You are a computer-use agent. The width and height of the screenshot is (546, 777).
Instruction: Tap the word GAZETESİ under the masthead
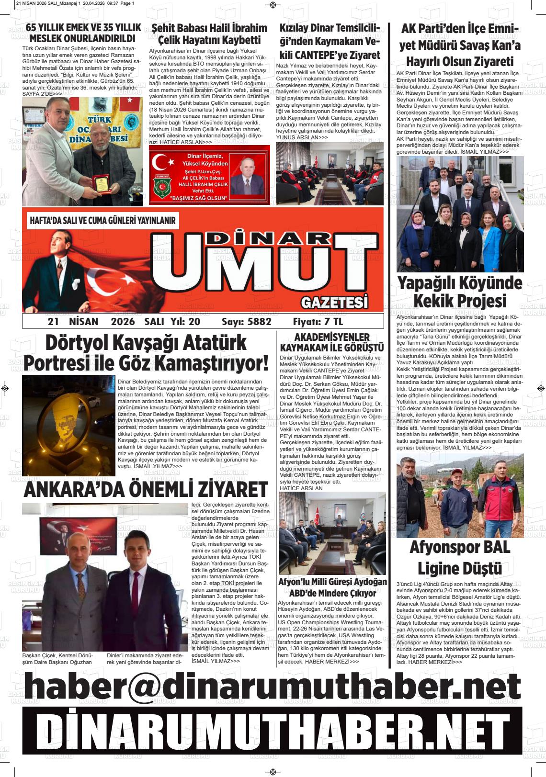335,303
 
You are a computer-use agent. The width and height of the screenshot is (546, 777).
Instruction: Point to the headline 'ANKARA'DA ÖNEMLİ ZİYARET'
146,489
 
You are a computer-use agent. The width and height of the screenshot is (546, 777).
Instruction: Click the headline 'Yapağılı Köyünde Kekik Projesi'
459,292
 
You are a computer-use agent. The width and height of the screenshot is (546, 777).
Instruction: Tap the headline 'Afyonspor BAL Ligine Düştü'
459,557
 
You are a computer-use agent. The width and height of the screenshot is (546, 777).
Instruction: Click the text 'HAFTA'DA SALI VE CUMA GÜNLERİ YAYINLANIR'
103,221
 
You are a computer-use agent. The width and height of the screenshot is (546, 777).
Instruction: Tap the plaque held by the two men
101,184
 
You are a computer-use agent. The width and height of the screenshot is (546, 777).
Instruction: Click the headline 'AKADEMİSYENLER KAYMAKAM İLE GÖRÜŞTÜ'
332,342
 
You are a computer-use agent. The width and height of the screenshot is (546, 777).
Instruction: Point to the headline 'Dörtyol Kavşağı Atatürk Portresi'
146,353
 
